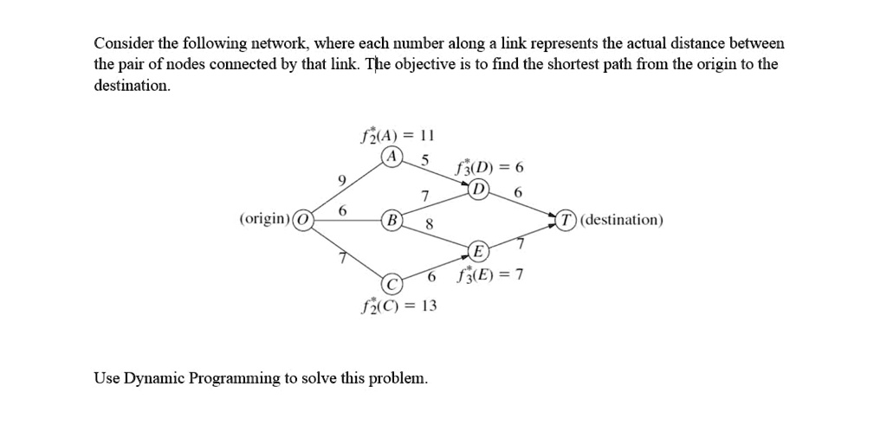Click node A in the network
tap(394, 157)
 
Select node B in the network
tap(392, 219)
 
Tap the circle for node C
tap(392, 283)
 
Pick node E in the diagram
tap(477, 252)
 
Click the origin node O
tap(303, 219)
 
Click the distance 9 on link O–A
tap(341, 180)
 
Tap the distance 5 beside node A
tap(424, 159)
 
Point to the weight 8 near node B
tap(428, 225)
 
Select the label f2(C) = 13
tap(398, 306)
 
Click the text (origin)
tap(265, 219)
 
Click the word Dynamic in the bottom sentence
tap(154, 378)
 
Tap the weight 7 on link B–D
tap(424, 196)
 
